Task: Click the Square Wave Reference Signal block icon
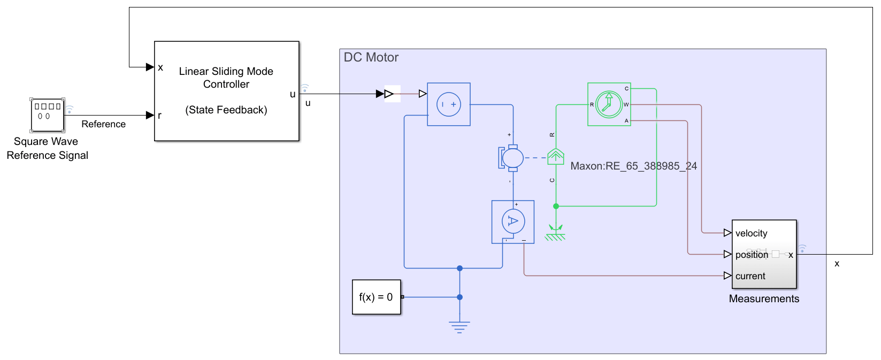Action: [x=47, y=115]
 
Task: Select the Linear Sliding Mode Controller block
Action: [x=226, y=91]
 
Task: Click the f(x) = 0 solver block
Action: [x=376, y=297]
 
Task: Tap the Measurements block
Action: [x=764, y=254]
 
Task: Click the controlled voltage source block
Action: [x=448, y=104]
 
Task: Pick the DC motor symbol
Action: [x=512, y=158]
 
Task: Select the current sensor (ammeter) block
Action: [x=512, y=221]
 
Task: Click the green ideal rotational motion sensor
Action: [x=609, y=104]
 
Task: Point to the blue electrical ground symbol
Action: [x=459, y=326]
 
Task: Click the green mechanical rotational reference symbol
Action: [x=555, y=233]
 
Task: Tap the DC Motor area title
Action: [x=371, y=57]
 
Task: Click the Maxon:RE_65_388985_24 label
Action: [x=633, y=166]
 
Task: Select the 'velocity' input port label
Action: [x=751, y=233]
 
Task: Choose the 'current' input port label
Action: [x=750, y=276]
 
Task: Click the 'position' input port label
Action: [x=751, y=255]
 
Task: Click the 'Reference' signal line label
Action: [x=103, y=124]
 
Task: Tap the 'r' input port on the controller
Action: [x=159, y=115]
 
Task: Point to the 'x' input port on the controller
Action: [x=159, y=67]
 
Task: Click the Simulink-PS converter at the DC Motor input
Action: [x=392, y=94]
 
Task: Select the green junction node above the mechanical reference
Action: [x=556, y=206]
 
